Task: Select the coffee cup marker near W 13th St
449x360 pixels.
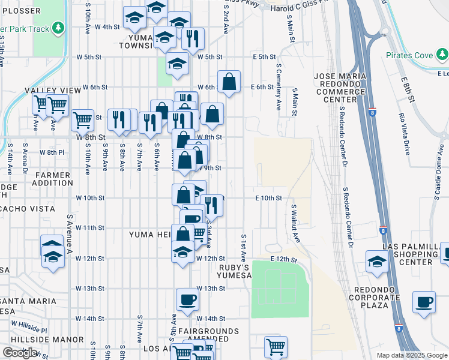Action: pos(187,299)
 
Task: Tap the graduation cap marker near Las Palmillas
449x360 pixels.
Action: pos(377,262)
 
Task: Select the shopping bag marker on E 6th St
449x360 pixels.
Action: pos(229,82)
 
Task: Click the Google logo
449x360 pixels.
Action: pos(20,353)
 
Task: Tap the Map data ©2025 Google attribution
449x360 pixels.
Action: pos(411,355)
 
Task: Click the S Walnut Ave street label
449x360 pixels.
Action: pos(295,224)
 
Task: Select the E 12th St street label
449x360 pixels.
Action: pos(284,259)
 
